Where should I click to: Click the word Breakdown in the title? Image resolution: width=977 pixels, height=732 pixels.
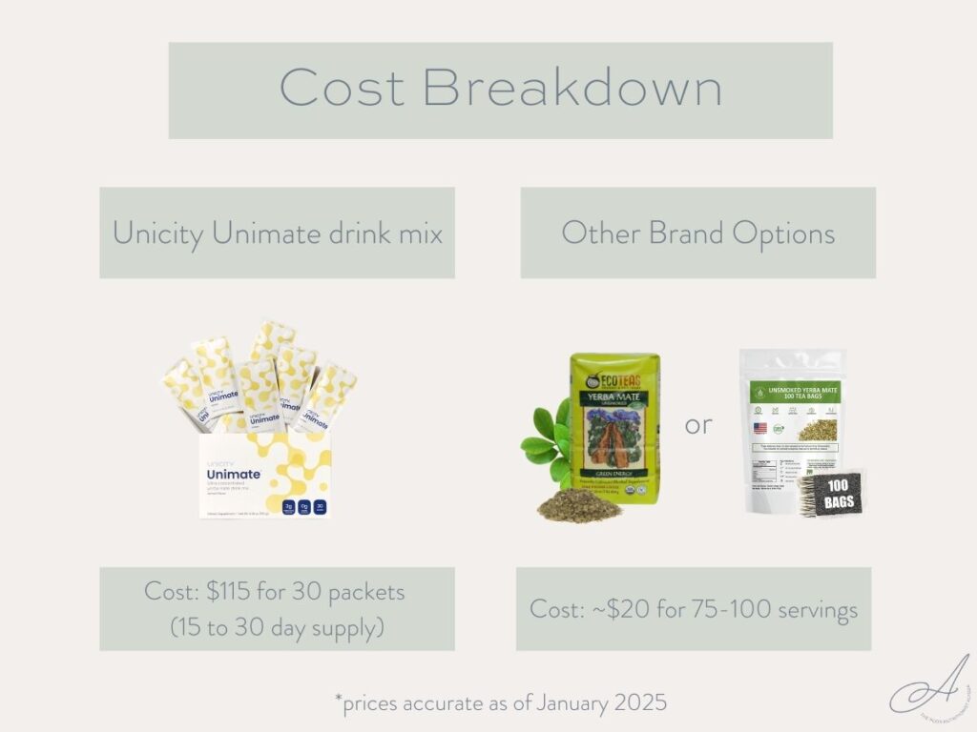(x=572, y=89)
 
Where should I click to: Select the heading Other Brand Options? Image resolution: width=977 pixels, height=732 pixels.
(x=697, y=233)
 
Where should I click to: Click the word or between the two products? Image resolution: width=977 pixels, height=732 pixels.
(x=698, y=425)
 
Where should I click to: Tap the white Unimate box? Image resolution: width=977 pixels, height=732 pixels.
(x=264, y=477)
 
